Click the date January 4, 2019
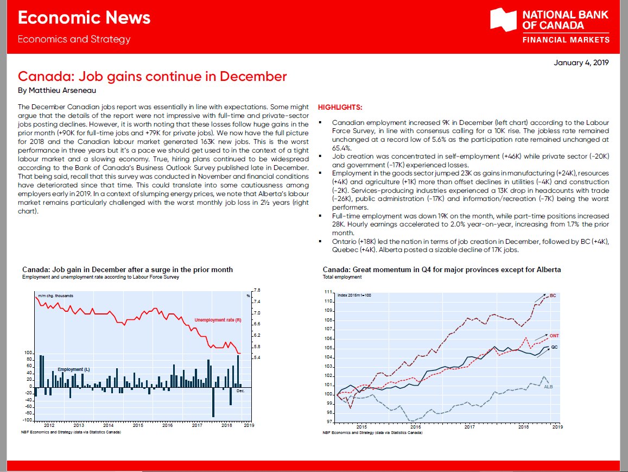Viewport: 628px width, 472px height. pos(581,63)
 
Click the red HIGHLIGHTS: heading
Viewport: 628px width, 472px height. pos(340,108)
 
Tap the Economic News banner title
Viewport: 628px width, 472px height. pos(84,18)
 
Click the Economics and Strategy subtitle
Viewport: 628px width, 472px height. pos(74,39)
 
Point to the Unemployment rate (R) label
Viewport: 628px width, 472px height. pos(218,320)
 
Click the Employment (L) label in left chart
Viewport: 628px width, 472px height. pos(74,369)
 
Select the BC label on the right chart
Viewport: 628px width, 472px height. pos(553,296)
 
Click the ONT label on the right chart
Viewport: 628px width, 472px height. pos(554,336)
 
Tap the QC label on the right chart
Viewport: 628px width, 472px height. pos(554,347)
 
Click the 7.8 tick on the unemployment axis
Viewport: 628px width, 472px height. pos(257,290)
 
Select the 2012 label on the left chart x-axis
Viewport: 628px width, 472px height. pos(49,426)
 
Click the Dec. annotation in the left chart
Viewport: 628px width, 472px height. pos(241,391)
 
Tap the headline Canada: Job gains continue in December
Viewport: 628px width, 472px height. pos(153,76)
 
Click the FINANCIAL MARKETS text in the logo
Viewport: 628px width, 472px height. pos(566,40)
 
